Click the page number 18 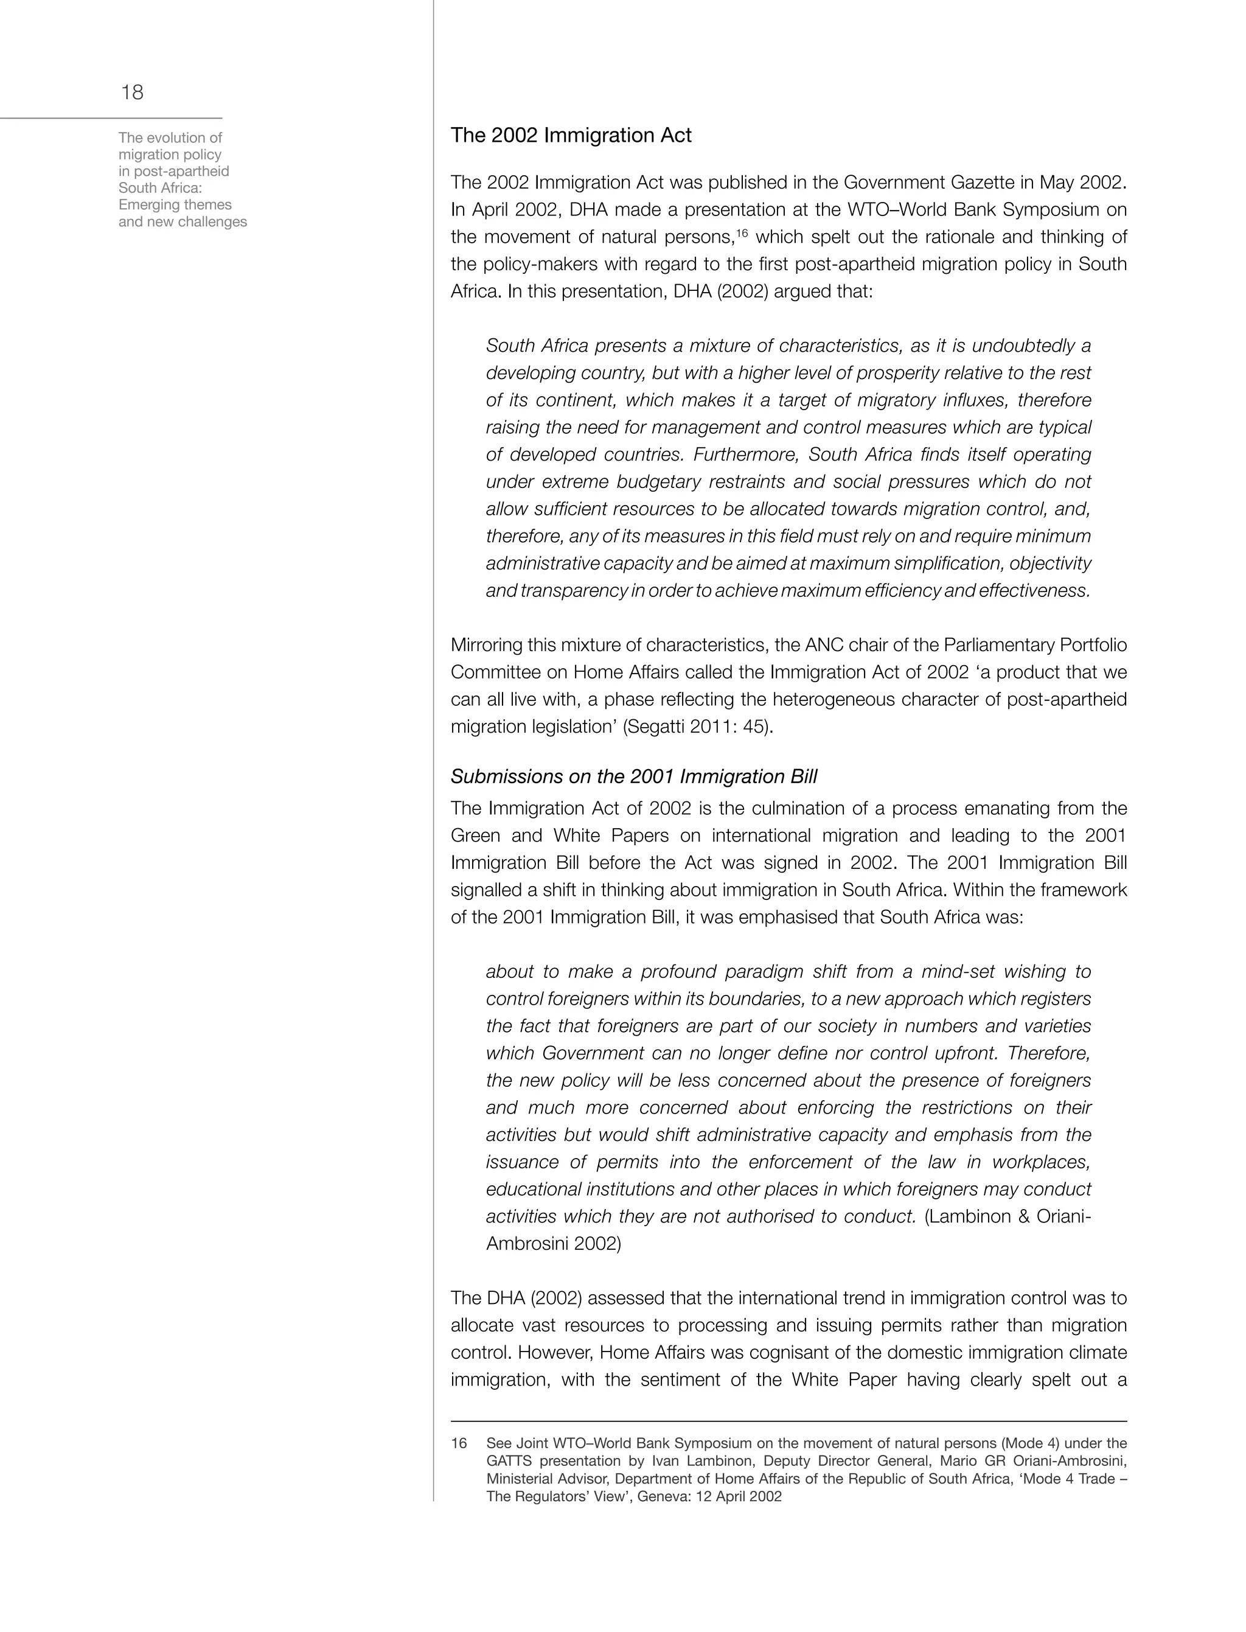click(x=132, y=92)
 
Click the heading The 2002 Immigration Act click(x=571, y=136)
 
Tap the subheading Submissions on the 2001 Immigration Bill click(x=633, y=776)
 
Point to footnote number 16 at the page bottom click(x=459, y=1443)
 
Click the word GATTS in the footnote click(x=507, y=1462)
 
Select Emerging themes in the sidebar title click(x=175, y=204)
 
